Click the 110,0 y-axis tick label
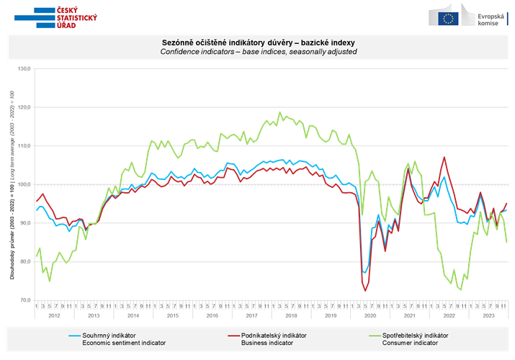(24, 146)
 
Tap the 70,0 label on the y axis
(24, 300)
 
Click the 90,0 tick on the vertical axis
(24, 223)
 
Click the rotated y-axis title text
(12, 185)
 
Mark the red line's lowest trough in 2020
(366, 290)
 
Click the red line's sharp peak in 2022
(444, 157)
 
